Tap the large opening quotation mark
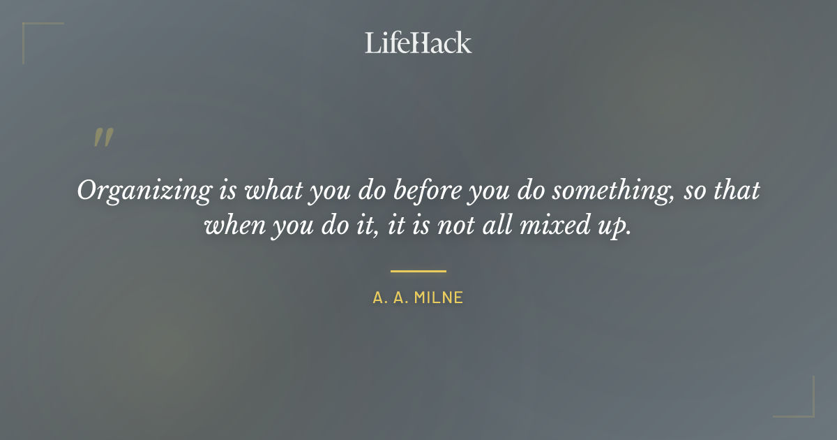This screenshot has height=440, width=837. pos(103,138)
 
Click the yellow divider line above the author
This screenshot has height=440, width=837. pos(418,271)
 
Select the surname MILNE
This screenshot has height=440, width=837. pos(439,298)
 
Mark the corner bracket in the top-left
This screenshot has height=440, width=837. pos(28,28)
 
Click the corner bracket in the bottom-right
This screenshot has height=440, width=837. pos(809,412)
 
